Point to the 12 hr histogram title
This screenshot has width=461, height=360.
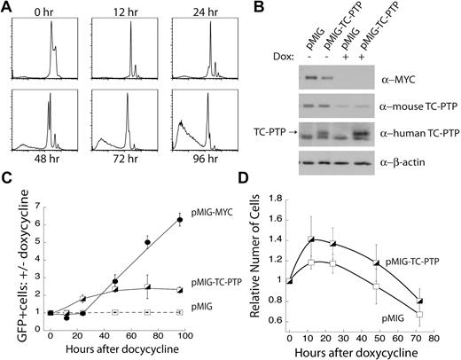[121, 11]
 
